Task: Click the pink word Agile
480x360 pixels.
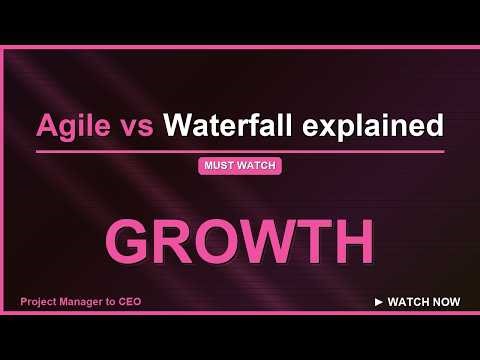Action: [x=75, y=126]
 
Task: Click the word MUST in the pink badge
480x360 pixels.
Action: [x=220, y=167]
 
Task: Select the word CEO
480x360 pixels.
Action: [x=141, y=301]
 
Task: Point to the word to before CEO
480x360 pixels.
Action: [x=120, y=301]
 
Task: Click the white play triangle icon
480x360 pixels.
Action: [x=378, y=301]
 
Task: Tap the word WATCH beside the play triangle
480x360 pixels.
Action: [x=410, y=301]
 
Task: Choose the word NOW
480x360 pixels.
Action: [x=447, y=301]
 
